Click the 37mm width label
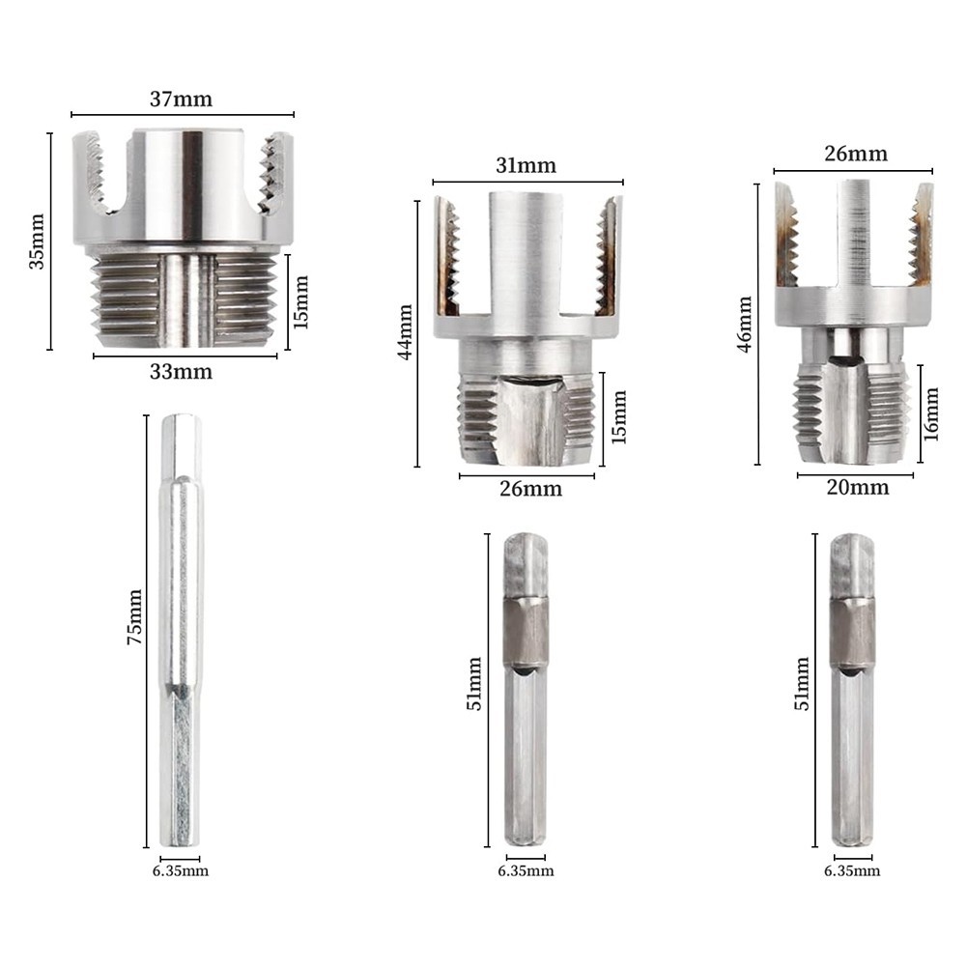click(x=181, y=99)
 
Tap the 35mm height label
click(x=37, y=242)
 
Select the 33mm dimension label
click(x=181, y=371)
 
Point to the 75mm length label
click(x=134, y=617)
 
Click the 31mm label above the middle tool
click(x=526, y=165)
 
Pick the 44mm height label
click(x=405, y=331)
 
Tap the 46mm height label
click(x=745, y=325)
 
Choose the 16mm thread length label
click(x=930, y=414)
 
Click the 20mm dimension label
click(x=858, y=487)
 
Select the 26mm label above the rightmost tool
click(x=856, y=154)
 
